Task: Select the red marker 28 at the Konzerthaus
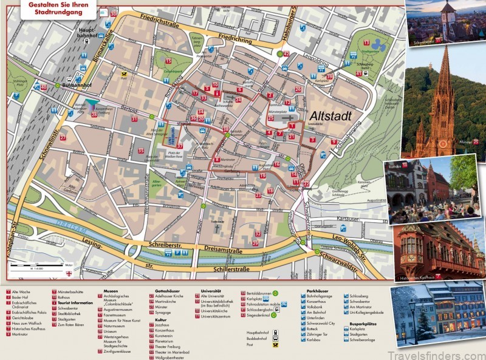pos(94,114)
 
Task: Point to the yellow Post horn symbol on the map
pos(123,72)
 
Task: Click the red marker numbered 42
pos(286,54)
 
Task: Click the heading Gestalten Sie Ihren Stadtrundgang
pos(59,8)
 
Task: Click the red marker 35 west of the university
pos(140,151)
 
